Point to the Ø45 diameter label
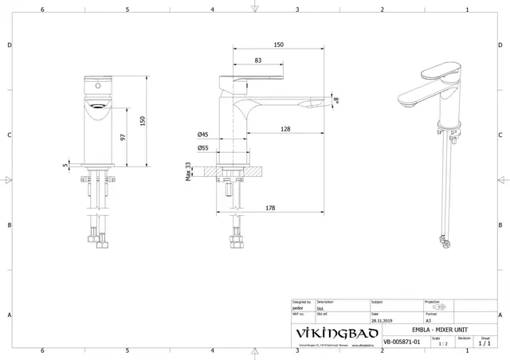pyautogui.click(x=203, y=135)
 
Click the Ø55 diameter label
pyautogui.click(x=203, y=147)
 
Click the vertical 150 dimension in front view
pyautogui.click(x=143, y=119)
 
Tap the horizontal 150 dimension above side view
pyautogui.click(x=278, y=45)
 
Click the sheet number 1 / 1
pyautogui.click(x=484, y=343)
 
